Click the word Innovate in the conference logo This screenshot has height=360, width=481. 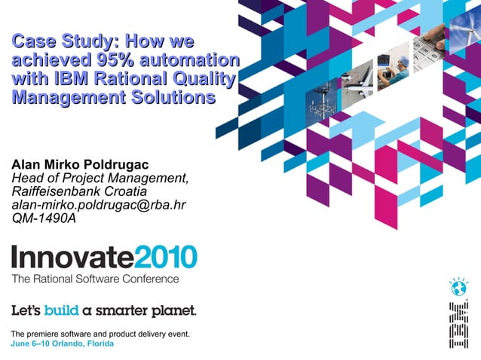pyautogui.click(x=72, y=258)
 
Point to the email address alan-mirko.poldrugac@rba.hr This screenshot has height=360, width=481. pyautogui.click(x=99, y=205)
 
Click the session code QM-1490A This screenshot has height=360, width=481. pyautogui.click(x=44, y=218)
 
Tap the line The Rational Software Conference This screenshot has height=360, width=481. pyautogui.click(x=95, y=279)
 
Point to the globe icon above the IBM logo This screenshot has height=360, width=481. pyautogui.click(x=458, y=287)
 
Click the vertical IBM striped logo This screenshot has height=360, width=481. pyautogui.click(x=458, y=325)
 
